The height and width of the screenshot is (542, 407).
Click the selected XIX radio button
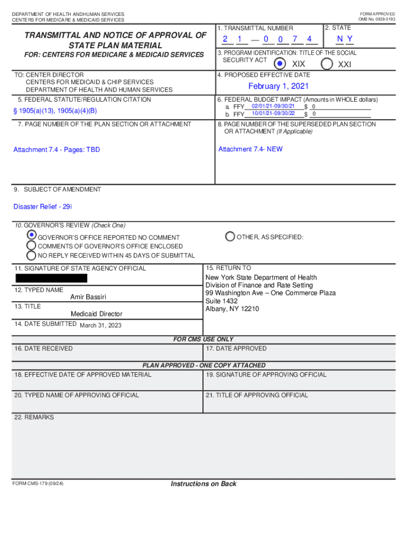tap(280, 64)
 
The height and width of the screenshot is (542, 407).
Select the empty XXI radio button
tap(327, 64)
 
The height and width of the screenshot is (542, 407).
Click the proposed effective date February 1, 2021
tap(279, 86)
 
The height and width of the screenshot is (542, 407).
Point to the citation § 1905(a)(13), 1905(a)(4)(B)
tap(55, 111)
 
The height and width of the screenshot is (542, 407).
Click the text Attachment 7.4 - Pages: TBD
tap(57, 150)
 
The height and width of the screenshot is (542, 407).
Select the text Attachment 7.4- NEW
tap(250, 149)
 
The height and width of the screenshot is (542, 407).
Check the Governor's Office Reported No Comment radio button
tap(32, 235)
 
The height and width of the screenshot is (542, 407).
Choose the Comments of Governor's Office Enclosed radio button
tap(32, 246)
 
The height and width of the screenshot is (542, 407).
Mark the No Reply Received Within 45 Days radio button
tap(32, 255)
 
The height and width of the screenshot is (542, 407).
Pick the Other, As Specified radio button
tap(230, 237)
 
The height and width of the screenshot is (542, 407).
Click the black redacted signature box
tap(51, 278)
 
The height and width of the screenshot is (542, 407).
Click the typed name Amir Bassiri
tap(88, 297)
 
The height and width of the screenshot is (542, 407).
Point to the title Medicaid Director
tap(96, 314)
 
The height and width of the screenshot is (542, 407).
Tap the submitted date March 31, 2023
tap(100, 326)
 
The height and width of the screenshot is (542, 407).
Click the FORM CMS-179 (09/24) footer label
tap(38, 484)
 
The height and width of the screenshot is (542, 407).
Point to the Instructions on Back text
tap(203, 484)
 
